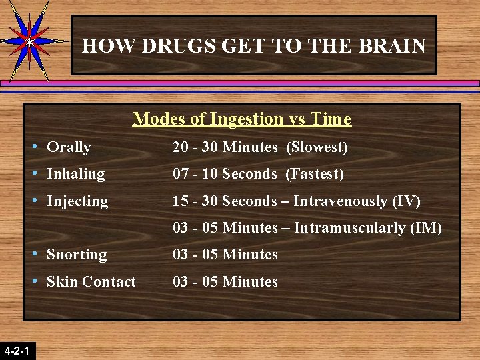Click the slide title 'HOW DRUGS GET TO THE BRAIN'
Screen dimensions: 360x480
253,46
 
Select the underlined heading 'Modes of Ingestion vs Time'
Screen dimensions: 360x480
241,119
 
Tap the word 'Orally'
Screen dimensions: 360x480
69,147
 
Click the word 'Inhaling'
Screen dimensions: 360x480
75,174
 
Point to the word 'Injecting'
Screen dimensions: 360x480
77,201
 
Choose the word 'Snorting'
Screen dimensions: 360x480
77,255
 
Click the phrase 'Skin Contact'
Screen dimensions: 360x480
91,282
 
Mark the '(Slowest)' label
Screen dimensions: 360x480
317,147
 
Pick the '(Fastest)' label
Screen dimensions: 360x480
315,174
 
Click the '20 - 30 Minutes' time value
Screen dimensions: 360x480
225,147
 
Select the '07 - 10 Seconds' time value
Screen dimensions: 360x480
225,174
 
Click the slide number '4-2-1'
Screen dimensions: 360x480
17,350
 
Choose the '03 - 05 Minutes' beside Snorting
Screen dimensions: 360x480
225,255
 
